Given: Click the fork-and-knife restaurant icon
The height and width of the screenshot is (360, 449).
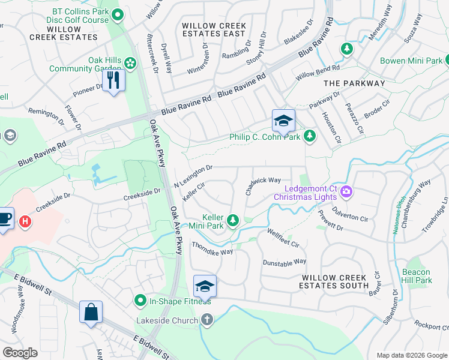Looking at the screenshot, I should tap(113, 80).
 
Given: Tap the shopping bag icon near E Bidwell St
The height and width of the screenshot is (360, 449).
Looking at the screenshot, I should tap(91, 312).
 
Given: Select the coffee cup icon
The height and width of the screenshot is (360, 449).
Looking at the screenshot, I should tap(4, 218).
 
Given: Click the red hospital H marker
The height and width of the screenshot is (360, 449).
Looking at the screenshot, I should tap(25, 221).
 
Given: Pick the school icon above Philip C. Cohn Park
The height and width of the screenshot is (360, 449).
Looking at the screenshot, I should tap(283, 121).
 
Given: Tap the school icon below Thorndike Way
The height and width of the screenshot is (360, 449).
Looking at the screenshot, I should tap(205, 286).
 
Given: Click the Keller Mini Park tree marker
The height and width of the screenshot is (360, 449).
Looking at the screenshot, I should tap(233, 221).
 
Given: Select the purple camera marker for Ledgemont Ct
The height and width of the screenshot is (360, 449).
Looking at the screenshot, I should tap(346, 192).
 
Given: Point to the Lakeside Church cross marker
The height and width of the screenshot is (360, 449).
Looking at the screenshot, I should tap(207, 320).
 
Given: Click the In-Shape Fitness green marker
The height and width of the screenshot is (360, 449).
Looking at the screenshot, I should tap(140, 300).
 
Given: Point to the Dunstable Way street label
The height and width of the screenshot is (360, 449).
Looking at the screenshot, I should tap(285, 262).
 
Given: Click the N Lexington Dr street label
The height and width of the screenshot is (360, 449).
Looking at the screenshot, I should tap(193, 176).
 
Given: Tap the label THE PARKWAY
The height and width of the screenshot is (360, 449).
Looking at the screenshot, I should tap(354, 83).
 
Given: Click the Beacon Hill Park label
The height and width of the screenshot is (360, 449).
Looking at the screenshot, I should tap(417, 275).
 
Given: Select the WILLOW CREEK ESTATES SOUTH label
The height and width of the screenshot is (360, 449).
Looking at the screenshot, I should tap(334, 281).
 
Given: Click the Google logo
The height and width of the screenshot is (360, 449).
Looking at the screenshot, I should tap(20, 353).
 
